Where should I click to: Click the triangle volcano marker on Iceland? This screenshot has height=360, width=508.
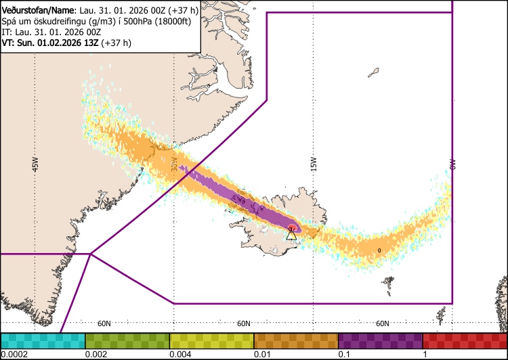[291, 235]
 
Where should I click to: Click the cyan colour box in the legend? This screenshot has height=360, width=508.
[43, 340]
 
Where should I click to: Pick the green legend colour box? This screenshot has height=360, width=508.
[127, 340]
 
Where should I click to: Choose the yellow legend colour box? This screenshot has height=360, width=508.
[211, 340]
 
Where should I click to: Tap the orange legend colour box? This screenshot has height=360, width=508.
[296, 340]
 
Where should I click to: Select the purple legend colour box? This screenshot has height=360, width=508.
[380, 340]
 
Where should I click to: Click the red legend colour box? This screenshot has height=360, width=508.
[465, 340]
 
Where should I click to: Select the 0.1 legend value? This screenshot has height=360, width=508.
[344, 355]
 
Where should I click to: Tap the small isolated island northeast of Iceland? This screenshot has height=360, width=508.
[374, 71]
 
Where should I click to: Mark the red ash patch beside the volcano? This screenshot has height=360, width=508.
[293, 227]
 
